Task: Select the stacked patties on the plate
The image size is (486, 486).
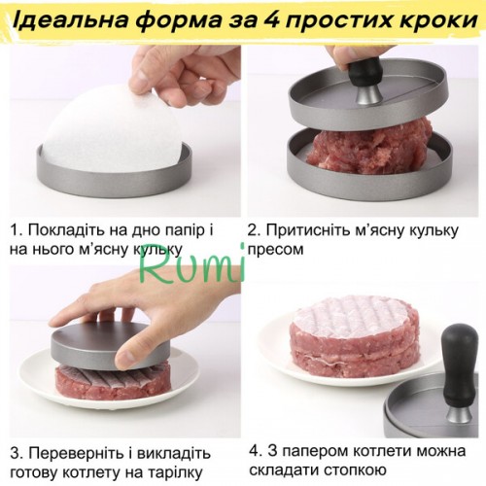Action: click(355, 338)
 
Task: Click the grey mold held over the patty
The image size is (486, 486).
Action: click(110, 343)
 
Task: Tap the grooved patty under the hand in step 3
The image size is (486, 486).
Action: click(112, 382)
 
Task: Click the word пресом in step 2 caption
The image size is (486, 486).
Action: click(276, 250)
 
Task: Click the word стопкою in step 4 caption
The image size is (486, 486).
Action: click(355, 469)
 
